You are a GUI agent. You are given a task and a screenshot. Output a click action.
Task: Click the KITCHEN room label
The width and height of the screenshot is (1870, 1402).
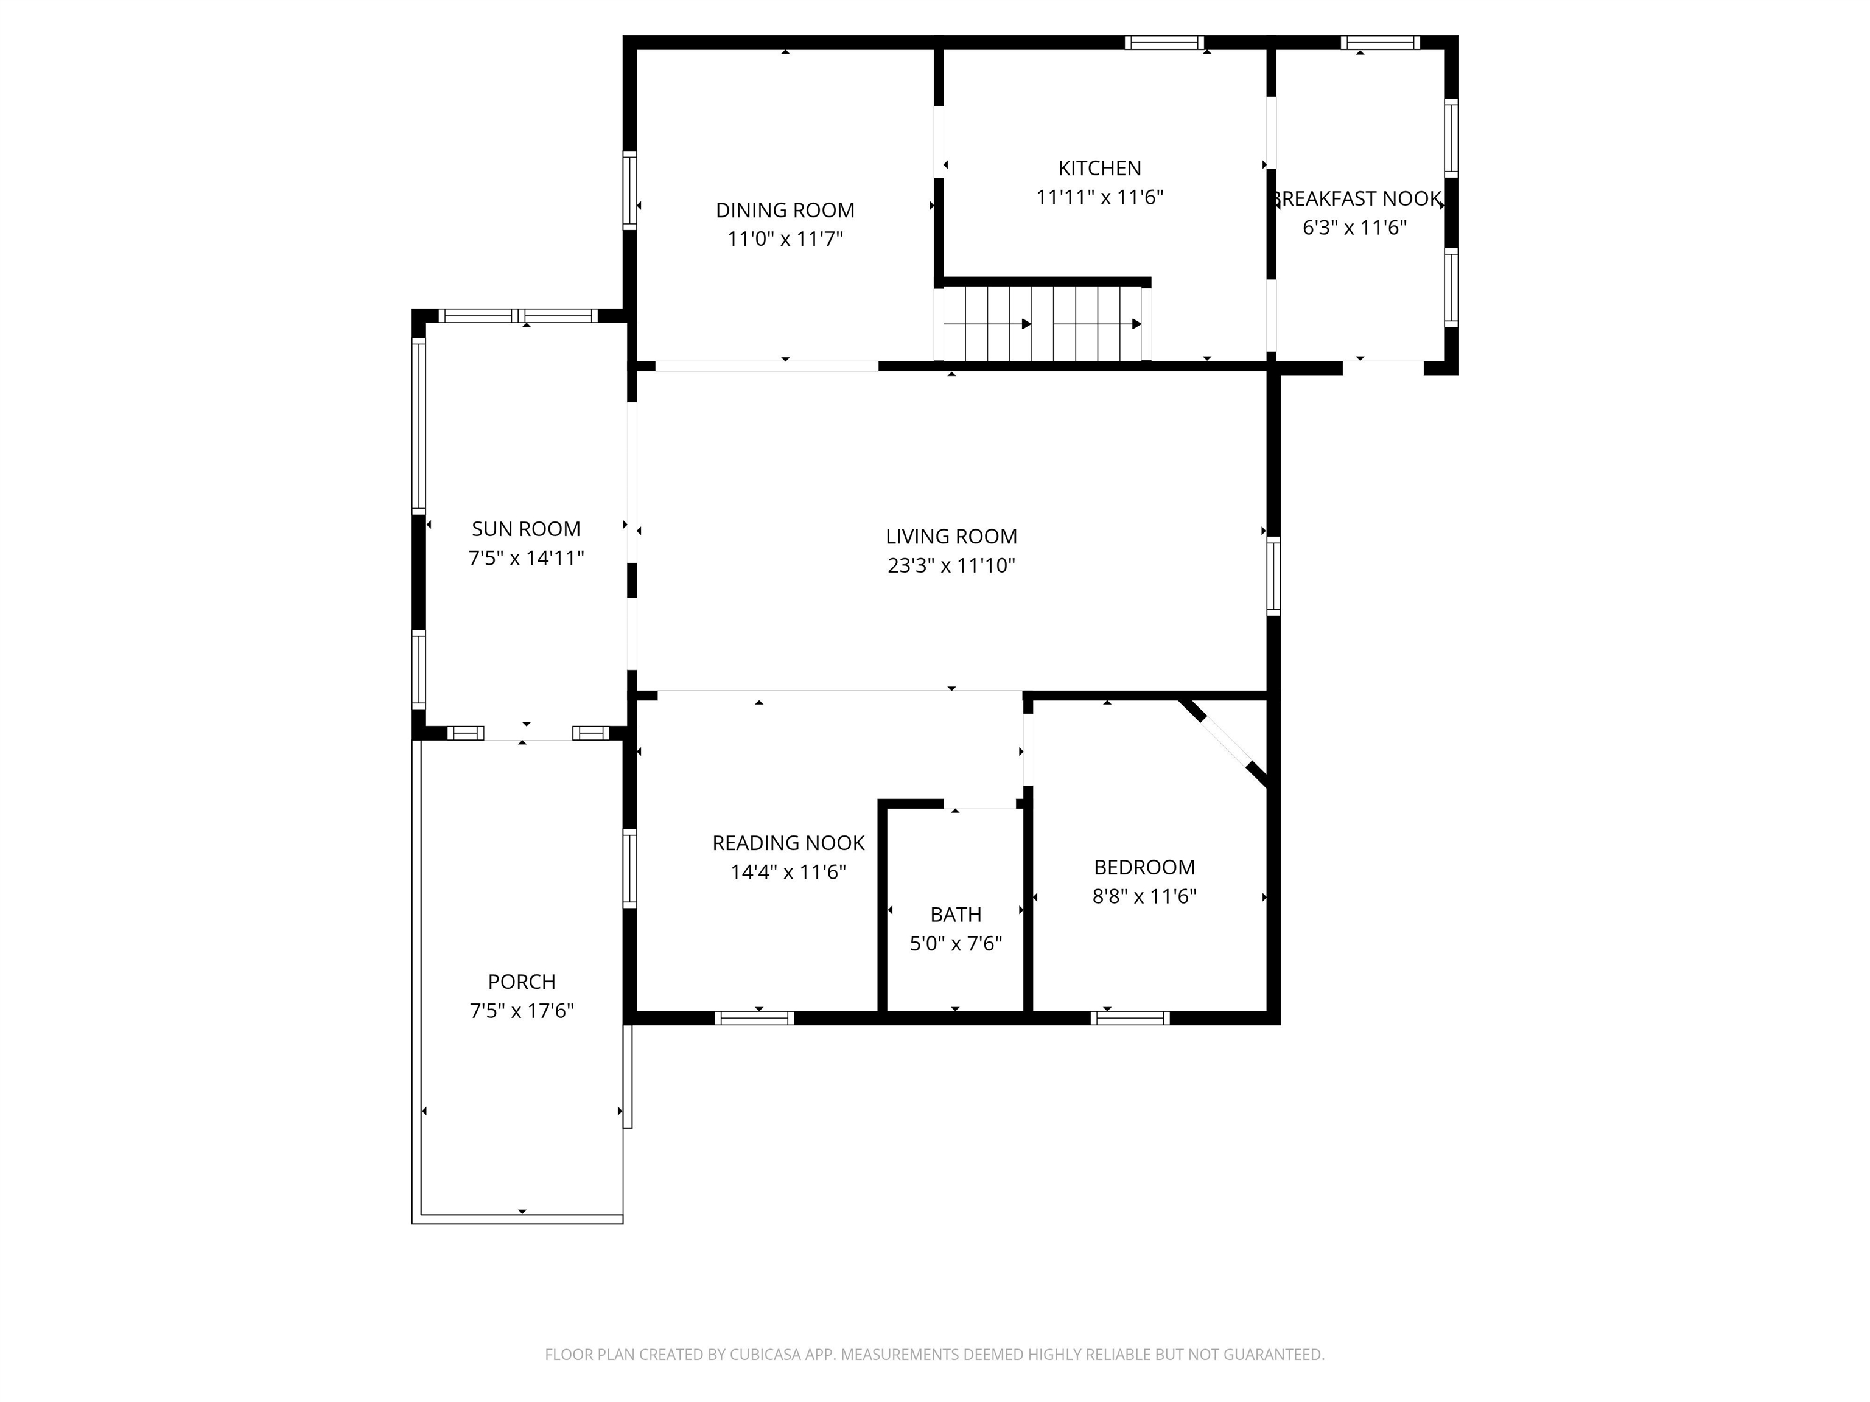(x=1099, y=168)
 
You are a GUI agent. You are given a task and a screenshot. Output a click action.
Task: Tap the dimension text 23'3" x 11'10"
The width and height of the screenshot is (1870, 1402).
(x=951, y=565)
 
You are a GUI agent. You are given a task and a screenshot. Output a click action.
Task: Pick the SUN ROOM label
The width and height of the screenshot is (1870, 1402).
(x=526, y=529)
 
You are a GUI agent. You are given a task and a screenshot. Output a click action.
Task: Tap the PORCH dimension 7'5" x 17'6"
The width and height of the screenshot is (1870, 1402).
(x=522, y=1011)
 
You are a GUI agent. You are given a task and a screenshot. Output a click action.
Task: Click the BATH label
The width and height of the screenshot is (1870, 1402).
(x=955, y=915)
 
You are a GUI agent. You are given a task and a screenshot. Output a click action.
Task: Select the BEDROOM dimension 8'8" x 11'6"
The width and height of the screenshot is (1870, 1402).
(x=1144, y=897)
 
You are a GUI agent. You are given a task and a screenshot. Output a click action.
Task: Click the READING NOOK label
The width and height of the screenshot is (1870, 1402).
(x=788, y=843)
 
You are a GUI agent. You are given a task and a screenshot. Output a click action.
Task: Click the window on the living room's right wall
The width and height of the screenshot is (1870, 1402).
(x=1273, y=576)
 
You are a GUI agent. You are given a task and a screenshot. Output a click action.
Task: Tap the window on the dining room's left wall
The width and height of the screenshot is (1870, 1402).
(x=629, y=190)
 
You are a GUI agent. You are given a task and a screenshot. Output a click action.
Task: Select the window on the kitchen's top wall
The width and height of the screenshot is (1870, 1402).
(x=1163, y=42)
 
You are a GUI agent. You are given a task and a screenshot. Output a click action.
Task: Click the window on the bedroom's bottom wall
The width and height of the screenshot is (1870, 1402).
(x=1130, y=1017)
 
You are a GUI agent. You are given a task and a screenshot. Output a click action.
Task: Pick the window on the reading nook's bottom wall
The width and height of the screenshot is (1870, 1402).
(x=754, y=1017)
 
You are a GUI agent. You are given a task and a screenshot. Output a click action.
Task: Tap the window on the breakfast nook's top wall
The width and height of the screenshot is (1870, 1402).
(x=1380, y=42)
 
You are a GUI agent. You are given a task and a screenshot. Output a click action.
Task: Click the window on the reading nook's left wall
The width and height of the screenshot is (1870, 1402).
(x=629, y=869)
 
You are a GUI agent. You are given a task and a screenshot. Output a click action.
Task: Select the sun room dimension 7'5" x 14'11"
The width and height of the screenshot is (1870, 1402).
(x=526, y=558)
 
